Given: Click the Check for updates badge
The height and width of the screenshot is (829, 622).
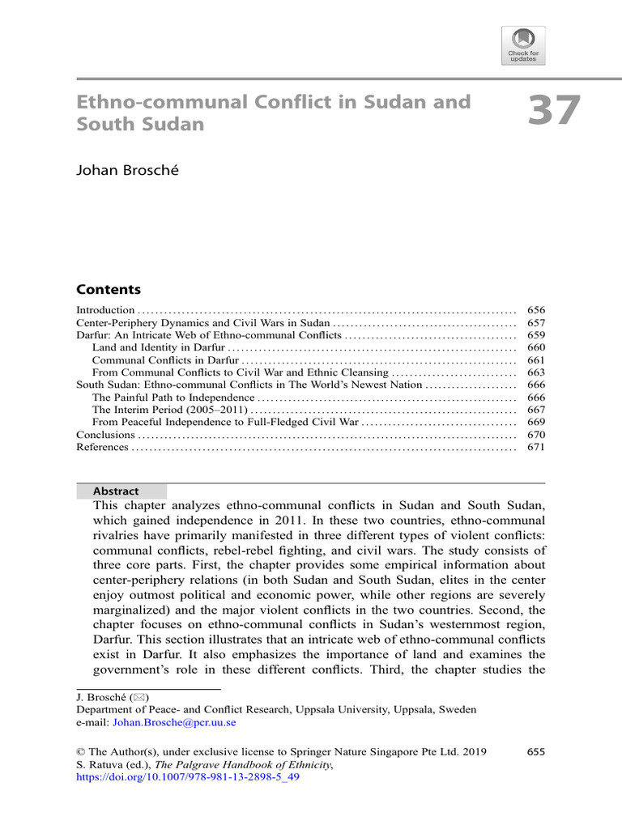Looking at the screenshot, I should (x=523, y=45).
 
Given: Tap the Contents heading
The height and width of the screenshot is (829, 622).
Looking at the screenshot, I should (x=109, y=290).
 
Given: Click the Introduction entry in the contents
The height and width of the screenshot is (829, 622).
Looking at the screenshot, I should (x=105, y=310).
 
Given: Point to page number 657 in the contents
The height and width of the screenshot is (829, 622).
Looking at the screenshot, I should (x=535, y=322).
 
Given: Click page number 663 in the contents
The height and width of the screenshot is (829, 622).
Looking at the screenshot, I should (x=535, y=372).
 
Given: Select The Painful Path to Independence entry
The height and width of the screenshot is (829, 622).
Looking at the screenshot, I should (x=173, y=397).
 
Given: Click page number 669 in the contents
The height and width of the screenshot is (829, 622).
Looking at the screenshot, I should (x=535, y=422).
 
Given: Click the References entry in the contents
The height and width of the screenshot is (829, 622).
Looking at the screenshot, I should (x=102, y=447).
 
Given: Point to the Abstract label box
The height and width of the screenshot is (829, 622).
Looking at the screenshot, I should (x=121, y=491).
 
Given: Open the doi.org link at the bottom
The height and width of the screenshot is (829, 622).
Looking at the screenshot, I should (x=188, y=776).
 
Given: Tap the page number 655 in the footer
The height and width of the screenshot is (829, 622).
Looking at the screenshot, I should (x=535, y=751).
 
